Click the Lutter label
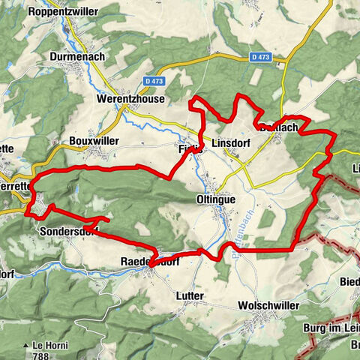click(x=190, y=296)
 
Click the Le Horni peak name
click(x=46, y=345)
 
